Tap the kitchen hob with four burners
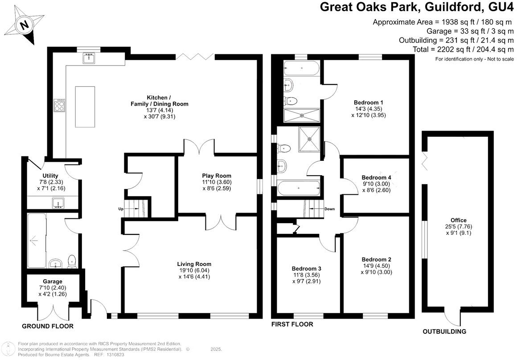click(59, 105)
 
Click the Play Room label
click(217, 176)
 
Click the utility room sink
click(57, 204)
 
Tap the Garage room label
click(52, 281)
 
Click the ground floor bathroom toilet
click(71, 261)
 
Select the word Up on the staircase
click(121, 209)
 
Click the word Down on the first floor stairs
click(329, 209)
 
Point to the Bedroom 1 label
click(369, 102)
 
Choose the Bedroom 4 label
click(376, 177)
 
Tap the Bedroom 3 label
click(307, 269)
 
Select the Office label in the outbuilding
click(458, 220)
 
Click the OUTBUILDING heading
click(444, 331)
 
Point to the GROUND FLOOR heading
click(48, 327)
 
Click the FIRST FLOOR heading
click(292, 324)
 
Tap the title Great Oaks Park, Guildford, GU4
click(417, 8)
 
